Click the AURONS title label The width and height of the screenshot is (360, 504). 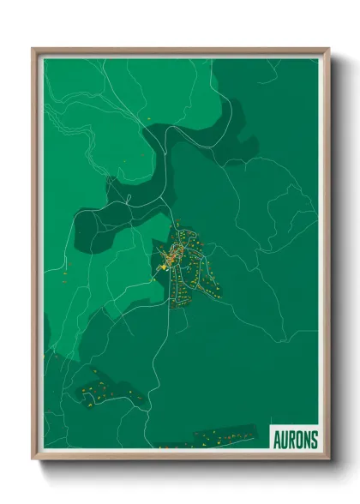tap(295, 438)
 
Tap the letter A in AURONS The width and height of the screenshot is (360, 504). tap(277, 439)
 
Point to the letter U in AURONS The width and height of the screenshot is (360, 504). tap(285, 439)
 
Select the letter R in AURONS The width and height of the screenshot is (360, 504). tap(292, 439)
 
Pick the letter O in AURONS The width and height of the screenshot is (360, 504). tap(299, 439)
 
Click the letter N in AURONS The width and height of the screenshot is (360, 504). tap(307, 439)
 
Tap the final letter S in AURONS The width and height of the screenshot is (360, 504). tap(314, 439)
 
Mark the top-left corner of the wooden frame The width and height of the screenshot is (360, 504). tap(33, 50)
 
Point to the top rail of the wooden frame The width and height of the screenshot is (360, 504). tap(180, 51)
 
